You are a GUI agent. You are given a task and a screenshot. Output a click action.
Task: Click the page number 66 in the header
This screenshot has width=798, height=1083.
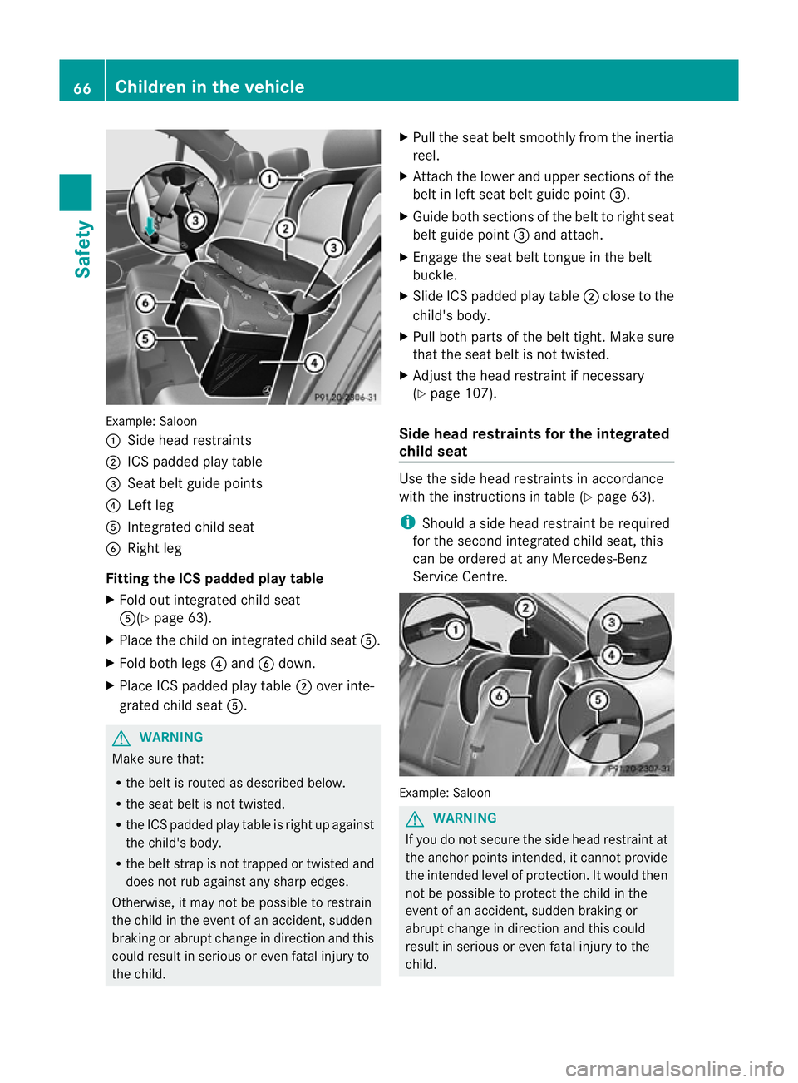click(82, 87)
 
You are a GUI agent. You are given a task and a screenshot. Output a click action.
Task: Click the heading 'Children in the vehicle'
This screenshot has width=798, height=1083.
click(209, 87)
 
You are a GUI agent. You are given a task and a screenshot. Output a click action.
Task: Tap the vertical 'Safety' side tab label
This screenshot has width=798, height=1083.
click(82, 249)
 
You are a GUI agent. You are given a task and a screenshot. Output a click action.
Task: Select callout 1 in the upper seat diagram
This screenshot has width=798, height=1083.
click(268, 179)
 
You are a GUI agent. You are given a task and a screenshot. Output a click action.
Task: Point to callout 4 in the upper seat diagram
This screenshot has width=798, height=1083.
click(314, 363)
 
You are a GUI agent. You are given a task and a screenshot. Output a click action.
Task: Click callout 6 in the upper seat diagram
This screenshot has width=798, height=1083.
click(145, 303)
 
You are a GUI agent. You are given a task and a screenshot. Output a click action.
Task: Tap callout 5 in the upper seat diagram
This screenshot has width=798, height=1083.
click(145, 339)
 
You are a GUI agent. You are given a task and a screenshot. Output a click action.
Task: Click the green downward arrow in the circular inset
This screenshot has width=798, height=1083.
click(150, 226)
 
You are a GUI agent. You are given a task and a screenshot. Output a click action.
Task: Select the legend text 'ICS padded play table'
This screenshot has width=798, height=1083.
click(195, 462)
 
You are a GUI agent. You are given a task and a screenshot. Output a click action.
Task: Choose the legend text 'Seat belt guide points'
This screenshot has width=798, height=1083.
click(195, 483)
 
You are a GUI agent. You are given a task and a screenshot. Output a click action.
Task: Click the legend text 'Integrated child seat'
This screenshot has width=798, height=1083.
click(190, 527)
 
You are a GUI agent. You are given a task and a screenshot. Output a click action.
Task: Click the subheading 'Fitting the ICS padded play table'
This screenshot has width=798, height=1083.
click(214, 578)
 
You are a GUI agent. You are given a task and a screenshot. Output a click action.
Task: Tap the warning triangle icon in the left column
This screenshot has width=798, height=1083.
click(122, 738)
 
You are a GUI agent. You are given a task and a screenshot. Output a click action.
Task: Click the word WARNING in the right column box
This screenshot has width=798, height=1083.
click(465, 818)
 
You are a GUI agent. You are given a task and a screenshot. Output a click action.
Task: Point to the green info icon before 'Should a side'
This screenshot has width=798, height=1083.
click(407, 522)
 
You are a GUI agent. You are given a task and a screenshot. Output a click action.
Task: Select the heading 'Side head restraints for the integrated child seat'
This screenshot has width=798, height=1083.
click(534, 443)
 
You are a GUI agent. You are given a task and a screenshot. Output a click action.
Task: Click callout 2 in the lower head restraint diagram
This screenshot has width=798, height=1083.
click(525, 608)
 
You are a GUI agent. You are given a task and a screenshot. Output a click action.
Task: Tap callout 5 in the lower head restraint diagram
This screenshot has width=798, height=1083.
click(598, 700)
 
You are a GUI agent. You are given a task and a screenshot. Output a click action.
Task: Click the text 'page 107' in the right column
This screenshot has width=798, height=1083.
click(461, 393)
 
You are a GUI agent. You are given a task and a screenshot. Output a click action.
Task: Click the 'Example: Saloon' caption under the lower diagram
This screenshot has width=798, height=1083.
click(445, 793)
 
